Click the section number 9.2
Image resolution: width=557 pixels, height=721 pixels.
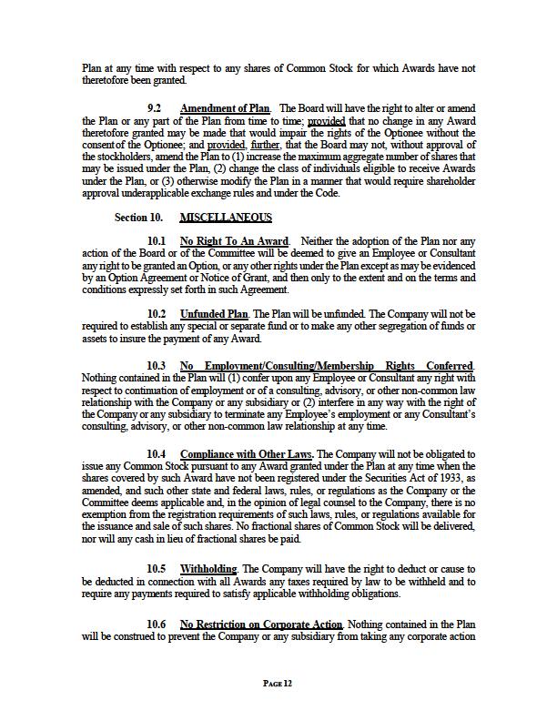tap(156, 108)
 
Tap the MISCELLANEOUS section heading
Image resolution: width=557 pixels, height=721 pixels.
tap(226, 218)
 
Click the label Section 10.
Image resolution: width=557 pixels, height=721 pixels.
tap(138, 218)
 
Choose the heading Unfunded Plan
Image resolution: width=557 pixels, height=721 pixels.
tap(214, 314)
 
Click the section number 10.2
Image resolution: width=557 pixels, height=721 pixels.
tap(156, 314)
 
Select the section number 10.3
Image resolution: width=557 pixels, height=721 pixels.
tap(156, 366)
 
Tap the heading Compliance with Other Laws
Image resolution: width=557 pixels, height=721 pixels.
tap(247, 453)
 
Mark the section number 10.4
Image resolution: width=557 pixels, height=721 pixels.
tap(156, 453)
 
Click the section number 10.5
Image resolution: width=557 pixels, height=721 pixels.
tap(156, 569)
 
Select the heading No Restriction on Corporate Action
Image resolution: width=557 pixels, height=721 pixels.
tap(261, 624)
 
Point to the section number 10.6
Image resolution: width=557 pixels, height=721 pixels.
tap(156, 624)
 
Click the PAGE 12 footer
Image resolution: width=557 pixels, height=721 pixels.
tap(278, 683)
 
